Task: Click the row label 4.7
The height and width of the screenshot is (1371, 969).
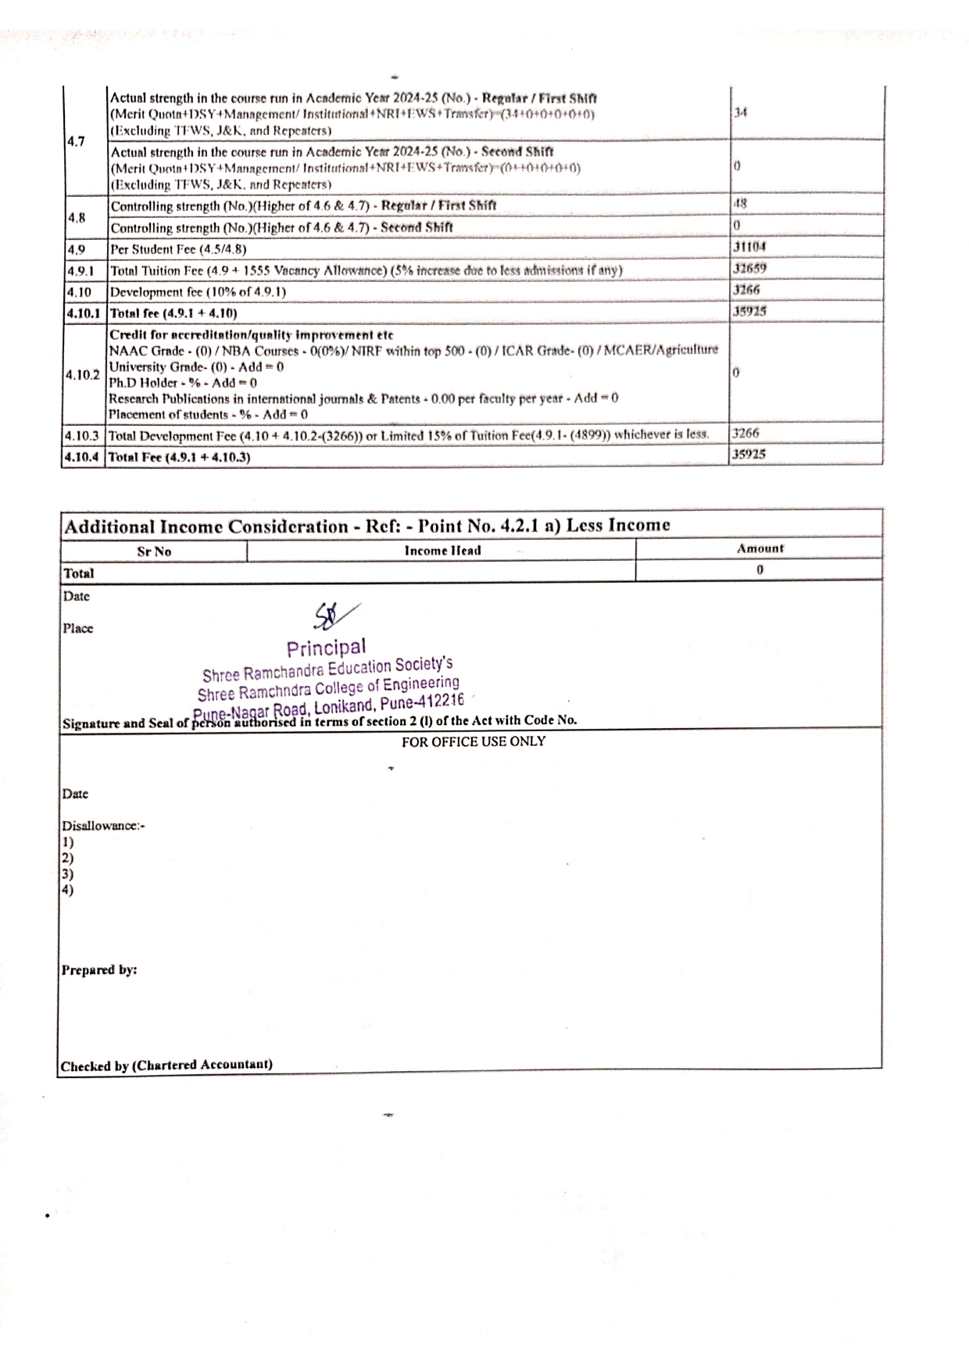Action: [x=76, y=141]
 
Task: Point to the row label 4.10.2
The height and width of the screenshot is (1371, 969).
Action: [x=82, y=374]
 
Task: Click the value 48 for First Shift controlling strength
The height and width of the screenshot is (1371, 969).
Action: [x=740, y=203]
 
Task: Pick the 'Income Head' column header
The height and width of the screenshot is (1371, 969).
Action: [x=442, y=551]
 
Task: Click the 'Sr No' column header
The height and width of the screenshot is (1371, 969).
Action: [x=154, y=552]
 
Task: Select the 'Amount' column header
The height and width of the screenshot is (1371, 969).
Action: [x=760, y=548]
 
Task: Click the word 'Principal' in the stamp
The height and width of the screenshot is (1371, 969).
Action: [x=326, y=648]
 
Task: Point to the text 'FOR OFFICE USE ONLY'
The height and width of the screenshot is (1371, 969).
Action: [x=474, y=741]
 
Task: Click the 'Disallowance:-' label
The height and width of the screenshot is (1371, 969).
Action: [x=103, y=826]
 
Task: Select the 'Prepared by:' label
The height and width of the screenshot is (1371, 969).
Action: [x=99, y=969]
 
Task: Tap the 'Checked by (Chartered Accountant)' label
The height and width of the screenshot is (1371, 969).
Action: [x=166, y=1065]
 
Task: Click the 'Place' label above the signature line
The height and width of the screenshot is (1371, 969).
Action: [x=78, y=628]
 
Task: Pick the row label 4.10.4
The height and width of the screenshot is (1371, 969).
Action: [x=82, y=457]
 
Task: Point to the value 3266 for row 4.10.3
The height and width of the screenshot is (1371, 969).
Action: [x=746, y=433]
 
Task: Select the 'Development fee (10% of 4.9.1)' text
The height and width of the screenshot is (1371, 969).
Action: [x=198, y=292]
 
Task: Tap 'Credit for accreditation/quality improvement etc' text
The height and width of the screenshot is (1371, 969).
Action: [x=251, y=334]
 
